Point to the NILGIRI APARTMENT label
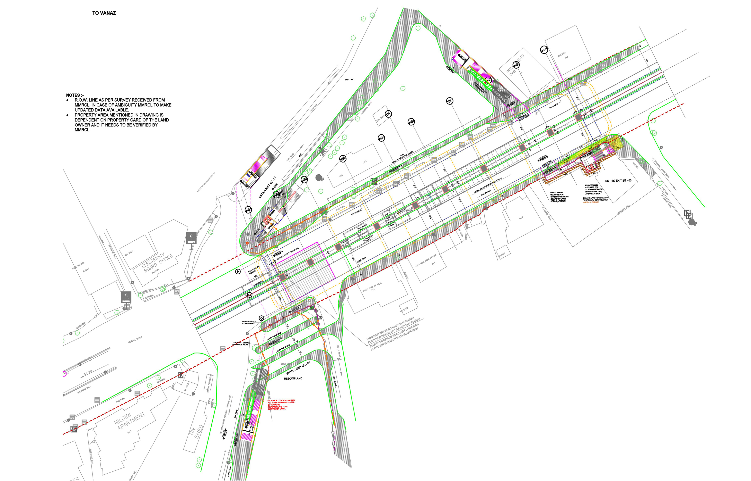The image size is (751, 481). click(x=129, y=420)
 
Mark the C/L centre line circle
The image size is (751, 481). click(x=388, y=114)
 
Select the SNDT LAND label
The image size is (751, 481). click(x=349, y=80)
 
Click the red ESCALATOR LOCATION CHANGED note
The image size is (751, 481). click(x=281, y=404)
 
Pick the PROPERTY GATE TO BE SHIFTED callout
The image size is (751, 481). click(x=248, y=323)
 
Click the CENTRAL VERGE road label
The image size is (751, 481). click(x=135, y=339)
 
